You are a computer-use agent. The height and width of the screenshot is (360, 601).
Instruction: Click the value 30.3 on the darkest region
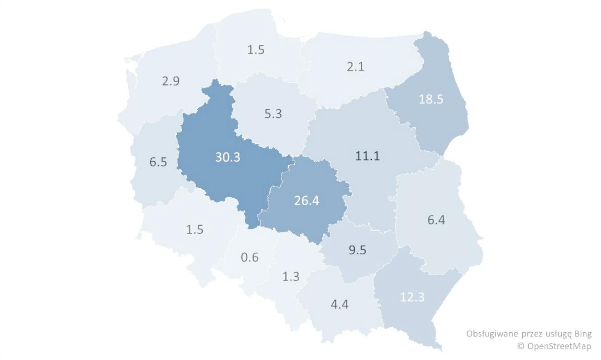[228, 157]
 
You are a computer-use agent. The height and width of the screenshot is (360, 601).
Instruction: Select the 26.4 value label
[306, 200]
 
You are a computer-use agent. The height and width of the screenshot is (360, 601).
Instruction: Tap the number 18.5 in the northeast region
[431, 99]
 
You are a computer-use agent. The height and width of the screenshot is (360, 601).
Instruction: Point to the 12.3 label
[412, 297]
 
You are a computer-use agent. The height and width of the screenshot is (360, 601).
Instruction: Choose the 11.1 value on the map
[367, 156]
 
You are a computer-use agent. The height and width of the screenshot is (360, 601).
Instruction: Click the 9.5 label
[357, 250]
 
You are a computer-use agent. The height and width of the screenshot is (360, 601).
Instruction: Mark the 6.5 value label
[158, 162]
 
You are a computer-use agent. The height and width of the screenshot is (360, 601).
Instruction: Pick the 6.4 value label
[436, 220]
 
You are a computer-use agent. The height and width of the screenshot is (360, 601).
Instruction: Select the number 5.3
[273, 114]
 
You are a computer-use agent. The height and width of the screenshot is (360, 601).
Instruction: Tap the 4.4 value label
[339, 304]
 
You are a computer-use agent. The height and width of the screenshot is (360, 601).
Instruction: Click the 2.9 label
[170, 81]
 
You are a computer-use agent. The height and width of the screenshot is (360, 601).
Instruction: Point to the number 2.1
[355, 66]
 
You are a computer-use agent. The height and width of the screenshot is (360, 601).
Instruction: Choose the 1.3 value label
[291, 277]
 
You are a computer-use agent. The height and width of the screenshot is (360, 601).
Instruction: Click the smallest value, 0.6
[249, 257]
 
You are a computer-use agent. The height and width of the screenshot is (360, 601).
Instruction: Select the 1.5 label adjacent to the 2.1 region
[256, 50]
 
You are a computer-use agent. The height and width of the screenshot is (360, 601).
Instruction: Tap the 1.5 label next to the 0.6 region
[195, 229]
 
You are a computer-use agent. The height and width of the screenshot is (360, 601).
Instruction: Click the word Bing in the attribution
[583, 333]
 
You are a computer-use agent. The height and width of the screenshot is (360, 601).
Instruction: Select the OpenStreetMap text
[559, 346]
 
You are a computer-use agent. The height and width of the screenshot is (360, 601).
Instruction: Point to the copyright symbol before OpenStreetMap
[521, 346]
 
